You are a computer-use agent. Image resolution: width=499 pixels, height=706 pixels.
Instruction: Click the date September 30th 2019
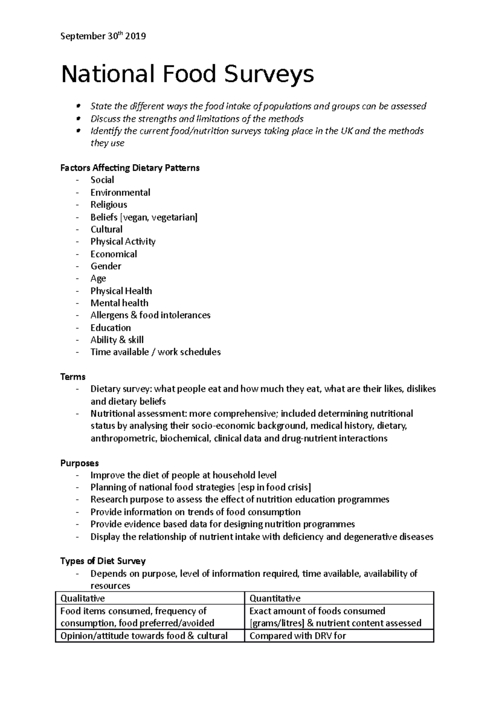tap(103, 36)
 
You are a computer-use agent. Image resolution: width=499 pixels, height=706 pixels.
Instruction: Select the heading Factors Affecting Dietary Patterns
tap(130, 168)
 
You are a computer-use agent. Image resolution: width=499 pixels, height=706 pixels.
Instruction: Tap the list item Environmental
tap(120, 193)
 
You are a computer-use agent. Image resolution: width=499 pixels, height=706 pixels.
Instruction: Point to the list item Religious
tap(109, 205)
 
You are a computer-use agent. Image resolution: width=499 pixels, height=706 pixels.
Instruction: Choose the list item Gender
tap(106, 266)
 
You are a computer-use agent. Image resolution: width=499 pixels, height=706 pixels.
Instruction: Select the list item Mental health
tap(119, 303)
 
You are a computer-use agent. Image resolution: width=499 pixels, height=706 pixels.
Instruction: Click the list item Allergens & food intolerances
tap(150, 315)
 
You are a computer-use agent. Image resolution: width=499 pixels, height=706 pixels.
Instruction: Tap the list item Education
tap(111, 328)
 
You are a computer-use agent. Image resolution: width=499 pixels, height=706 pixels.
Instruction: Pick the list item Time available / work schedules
tap(156, 352)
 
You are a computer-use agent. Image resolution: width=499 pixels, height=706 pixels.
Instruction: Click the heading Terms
tap(73, 377)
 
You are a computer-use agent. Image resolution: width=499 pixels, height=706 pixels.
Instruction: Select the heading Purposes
tap(79, 463)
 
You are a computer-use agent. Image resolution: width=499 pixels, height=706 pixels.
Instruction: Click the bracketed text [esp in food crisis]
tap(274, 487)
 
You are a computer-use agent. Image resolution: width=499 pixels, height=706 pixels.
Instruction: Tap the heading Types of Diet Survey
tap(103, 561)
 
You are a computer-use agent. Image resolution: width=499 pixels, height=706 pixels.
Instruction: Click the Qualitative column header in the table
tap(83, 598)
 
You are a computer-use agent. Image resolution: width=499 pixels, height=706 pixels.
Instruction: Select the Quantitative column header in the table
tap(275, 598)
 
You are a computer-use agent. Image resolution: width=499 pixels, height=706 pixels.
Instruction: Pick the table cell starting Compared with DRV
tap(298, 636)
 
